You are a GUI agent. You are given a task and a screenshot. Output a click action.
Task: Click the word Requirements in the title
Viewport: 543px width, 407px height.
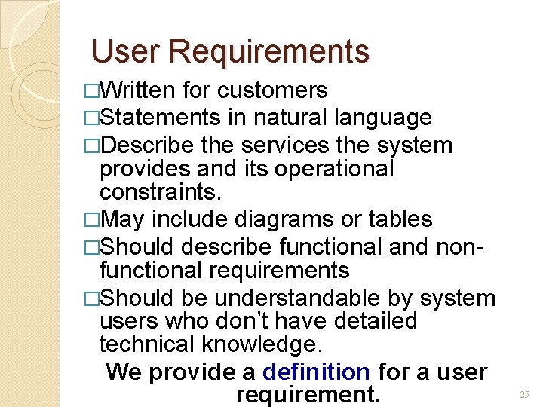tap(269, 51)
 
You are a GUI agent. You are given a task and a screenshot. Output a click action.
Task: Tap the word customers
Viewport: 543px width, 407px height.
tap(271, 90)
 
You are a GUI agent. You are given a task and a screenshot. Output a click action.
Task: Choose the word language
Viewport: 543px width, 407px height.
tap(383, 118)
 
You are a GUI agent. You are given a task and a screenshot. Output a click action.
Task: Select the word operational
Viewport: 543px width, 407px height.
tap(335, 167)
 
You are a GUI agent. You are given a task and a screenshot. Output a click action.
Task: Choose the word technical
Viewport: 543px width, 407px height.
tap(147, 344)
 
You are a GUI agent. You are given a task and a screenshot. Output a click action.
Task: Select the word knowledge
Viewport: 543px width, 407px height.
tap(262, 344)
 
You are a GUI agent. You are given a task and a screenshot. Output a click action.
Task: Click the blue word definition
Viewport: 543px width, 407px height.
tap(316, 372)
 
